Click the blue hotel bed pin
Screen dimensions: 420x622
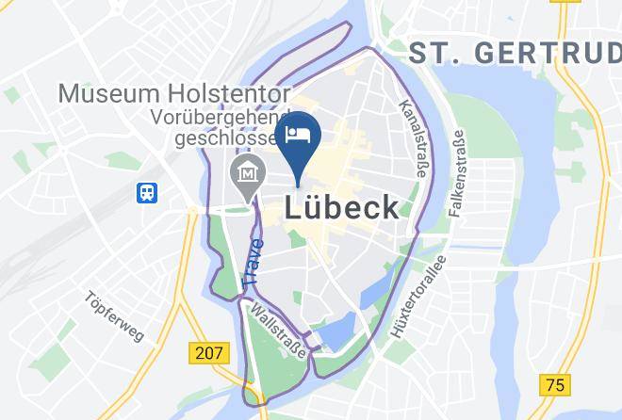(x=299, y=136)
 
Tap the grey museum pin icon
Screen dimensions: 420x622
(x=248, y=174)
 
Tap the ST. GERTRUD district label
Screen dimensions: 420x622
(x=514, y=55)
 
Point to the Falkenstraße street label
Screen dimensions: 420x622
(x=457, y=177)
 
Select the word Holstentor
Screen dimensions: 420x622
(x=233, y=94)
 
